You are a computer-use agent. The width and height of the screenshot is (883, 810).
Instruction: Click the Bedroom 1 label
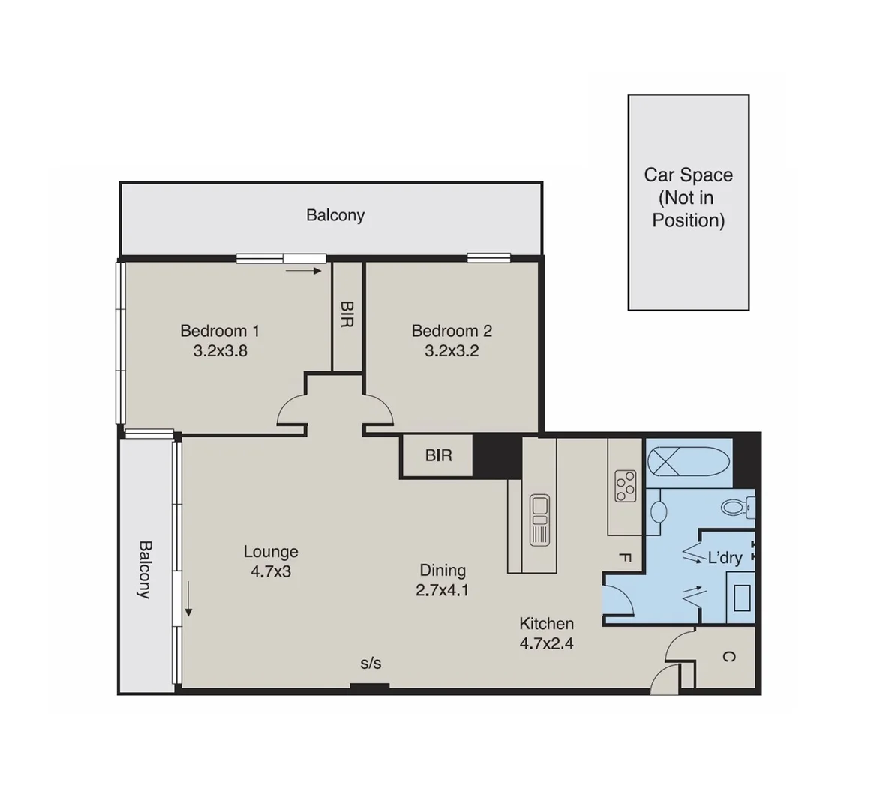tap(220, 331)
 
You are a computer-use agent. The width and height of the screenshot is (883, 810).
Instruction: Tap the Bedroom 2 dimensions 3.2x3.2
tap(452, 350)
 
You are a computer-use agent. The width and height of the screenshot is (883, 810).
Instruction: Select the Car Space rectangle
tap(688, 202)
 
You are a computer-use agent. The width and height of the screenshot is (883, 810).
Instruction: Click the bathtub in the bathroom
tap(688, 461)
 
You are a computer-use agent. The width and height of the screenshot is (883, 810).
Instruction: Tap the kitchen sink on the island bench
tap(539, 519)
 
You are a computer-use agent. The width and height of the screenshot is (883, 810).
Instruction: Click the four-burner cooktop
tap(625, 485)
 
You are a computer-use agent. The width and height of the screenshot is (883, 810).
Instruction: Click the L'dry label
tap(725, 558)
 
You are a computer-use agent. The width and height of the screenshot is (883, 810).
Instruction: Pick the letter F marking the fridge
tap(623, 557)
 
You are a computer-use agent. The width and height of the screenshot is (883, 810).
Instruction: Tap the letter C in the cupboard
tap(728, 657)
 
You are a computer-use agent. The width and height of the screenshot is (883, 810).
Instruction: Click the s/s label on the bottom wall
tap(371, 663)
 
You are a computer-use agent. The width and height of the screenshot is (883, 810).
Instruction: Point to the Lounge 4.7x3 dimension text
tap(271, 571)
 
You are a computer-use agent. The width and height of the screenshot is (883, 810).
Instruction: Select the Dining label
tap(443, 570)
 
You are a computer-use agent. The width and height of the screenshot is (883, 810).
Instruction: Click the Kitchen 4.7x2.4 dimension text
tap(546, 643)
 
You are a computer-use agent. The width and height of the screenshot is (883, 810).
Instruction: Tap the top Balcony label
tap(335, 215)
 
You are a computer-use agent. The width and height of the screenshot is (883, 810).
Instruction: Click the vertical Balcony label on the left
tap(143, 569)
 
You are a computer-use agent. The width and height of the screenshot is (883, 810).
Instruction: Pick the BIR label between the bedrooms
tap(347, 315)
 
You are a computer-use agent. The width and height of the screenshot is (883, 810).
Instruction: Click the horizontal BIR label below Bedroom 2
tap(438, 455)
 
